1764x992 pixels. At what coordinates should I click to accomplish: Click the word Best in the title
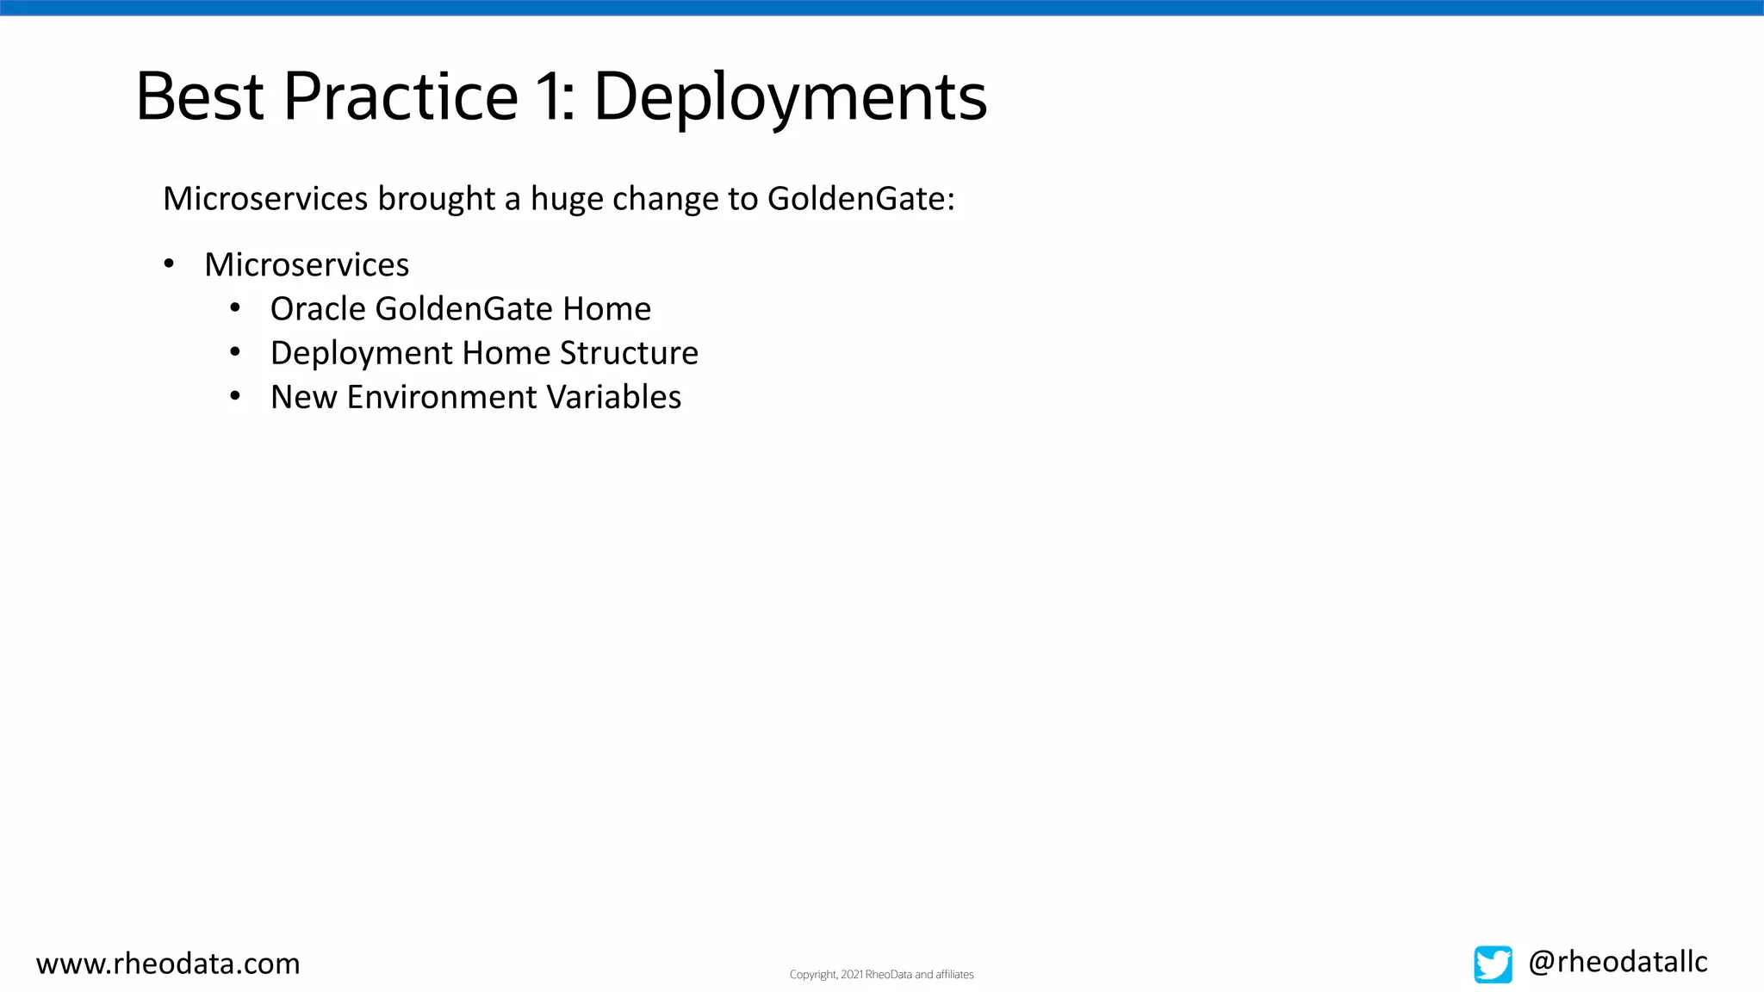coord(199,96)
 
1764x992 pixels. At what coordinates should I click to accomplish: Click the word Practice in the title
coord(401,96)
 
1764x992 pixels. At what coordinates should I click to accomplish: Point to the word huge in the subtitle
coord(566,199)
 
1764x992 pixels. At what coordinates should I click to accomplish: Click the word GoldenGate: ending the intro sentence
coord(860,199)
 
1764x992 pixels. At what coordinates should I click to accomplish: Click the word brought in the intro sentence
coord(436,199)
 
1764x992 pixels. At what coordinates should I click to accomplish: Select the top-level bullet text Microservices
coord(307,265)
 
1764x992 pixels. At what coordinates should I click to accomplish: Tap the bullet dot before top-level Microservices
coord(169,263)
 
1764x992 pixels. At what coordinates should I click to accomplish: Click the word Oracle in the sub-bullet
coord(318,309)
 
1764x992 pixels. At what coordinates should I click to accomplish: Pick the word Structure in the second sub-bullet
coord(629,353)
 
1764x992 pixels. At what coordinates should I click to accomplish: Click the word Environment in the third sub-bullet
coord(442,397)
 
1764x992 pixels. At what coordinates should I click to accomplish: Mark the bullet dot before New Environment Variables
coord(235,396)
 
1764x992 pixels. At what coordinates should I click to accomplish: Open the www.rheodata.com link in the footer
coord(168,964)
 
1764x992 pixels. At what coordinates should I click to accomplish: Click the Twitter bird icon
coord(1493,964)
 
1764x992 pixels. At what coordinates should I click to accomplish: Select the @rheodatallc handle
coord(1618,962)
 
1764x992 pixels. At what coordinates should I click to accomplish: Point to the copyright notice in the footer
coord(881,975)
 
